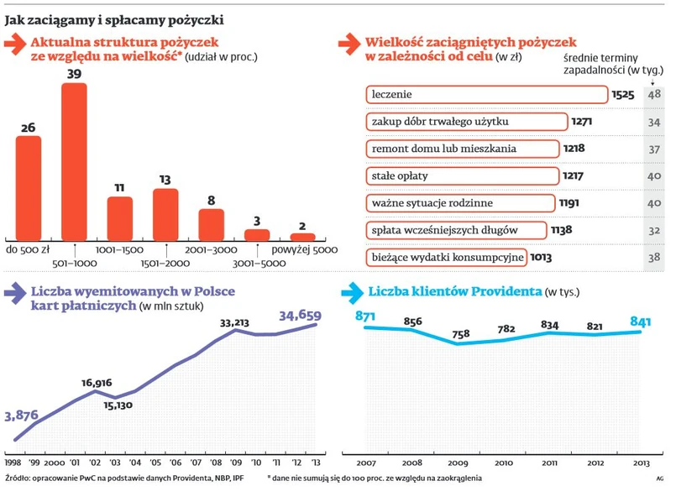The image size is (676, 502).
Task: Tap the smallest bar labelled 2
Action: (302, 237)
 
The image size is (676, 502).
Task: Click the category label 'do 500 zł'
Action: (29, 249)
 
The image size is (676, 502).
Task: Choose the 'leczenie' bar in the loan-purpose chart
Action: (487, 95)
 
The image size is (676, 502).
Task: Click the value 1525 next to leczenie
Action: (622, 95)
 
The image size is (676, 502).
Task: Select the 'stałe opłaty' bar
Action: (463, 176)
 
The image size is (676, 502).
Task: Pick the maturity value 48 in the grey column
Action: (654, 95)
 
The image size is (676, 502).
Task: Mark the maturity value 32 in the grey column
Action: (654, 230)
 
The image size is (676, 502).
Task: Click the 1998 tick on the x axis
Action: (13, 463)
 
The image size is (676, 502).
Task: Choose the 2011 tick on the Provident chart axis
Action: (550, 463)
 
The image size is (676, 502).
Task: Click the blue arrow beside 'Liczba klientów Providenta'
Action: (352, 293)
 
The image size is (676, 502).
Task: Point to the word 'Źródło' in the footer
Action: (18, 478)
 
